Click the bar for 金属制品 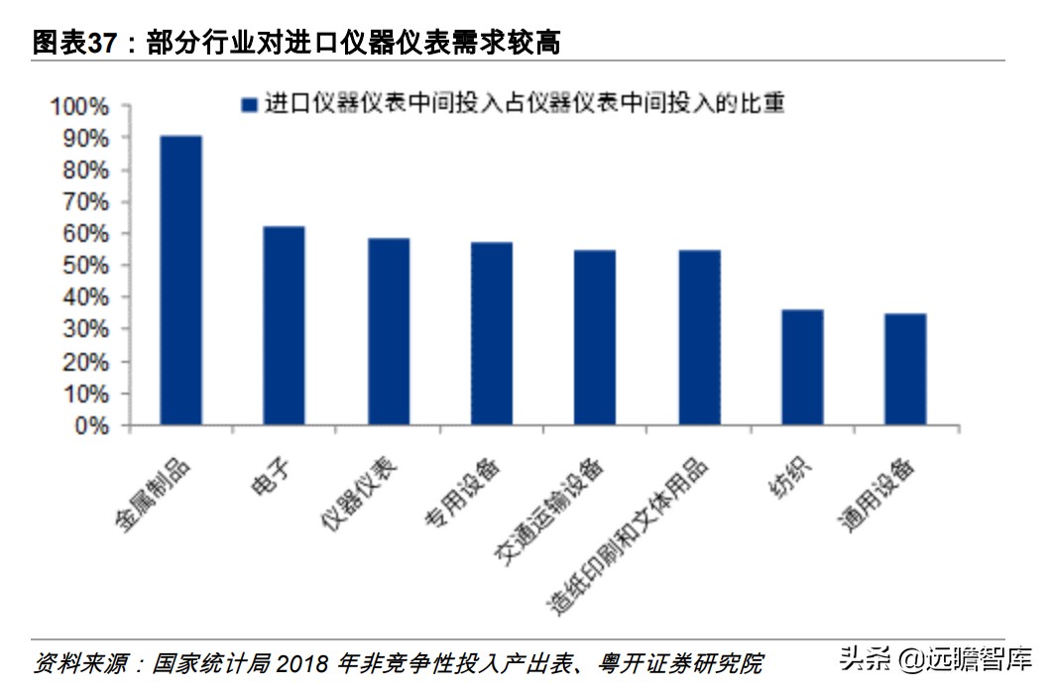(180, 281)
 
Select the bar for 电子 (284, 326)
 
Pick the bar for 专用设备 (491, 334)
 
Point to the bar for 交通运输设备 (595, 338)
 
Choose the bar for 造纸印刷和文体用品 (699, 338)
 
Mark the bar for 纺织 (802, 368)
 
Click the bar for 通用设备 (905, 370)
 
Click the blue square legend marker (248, 104)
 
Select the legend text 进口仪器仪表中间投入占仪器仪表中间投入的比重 (525, 104)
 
